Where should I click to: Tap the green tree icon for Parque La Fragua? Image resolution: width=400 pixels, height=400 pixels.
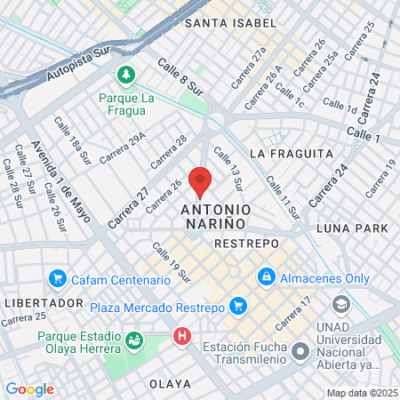pyautogui.click(x=126, y=73)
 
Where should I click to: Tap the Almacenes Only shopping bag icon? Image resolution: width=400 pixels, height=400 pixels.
pyautogui.click(x=266, y=277)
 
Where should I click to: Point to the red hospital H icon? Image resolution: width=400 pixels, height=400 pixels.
pyautogui.click(x=182, y=337)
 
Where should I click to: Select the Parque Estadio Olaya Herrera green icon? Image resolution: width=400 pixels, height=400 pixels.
pyautogui.click(x=134, y=339)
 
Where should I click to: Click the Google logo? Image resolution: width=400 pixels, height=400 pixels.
pyautogui.click(x=29, y=388)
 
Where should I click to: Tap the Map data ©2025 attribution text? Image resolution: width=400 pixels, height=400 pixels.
pyautogui.click(x=362, y=393)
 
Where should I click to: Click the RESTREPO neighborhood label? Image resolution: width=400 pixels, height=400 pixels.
pyautogui.click(x=247, y=243)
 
